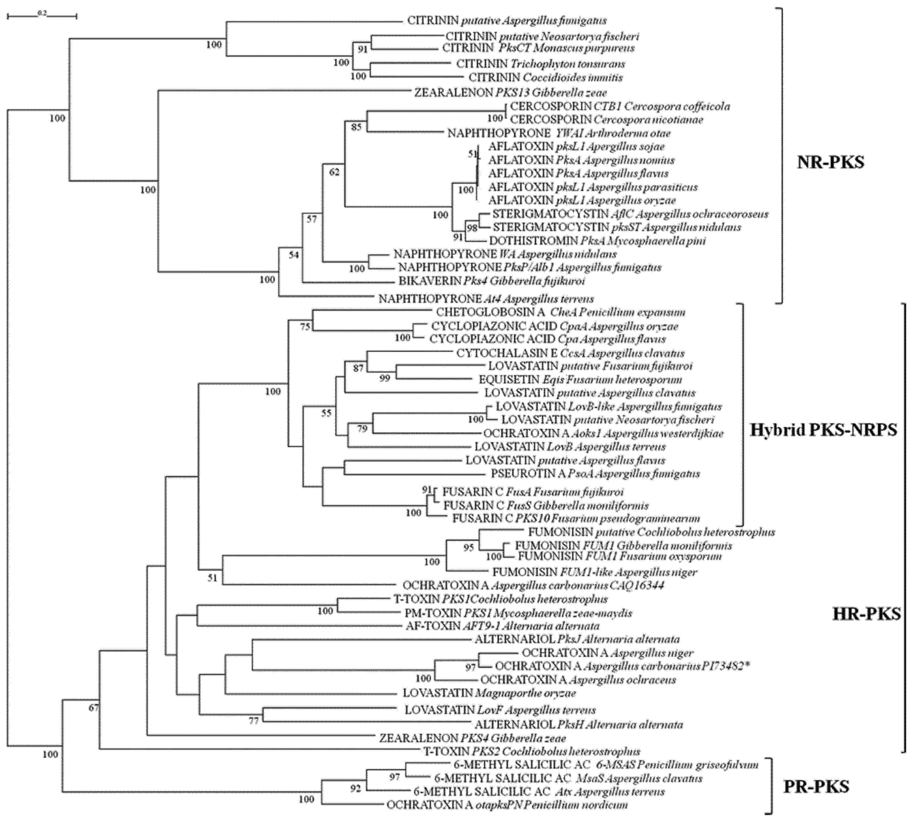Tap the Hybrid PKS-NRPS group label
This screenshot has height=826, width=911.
[823, 430]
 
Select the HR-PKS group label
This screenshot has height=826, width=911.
[866, 614]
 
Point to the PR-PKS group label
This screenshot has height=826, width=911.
[816, 787]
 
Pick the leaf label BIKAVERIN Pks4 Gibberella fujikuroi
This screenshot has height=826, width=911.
[492, 281]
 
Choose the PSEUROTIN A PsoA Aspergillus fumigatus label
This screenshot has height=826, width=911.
[595, 474]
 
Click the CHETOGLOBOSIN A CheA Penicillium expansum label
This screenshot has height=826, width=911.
[560, 312]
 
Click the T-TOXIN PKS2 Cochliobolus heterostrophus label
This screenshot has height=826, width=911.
[532, 751]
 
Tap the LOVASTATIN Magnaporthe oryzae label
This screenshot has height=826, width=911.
[489, 693]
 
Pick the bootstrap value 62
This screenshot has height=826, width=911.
[334, 172]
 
